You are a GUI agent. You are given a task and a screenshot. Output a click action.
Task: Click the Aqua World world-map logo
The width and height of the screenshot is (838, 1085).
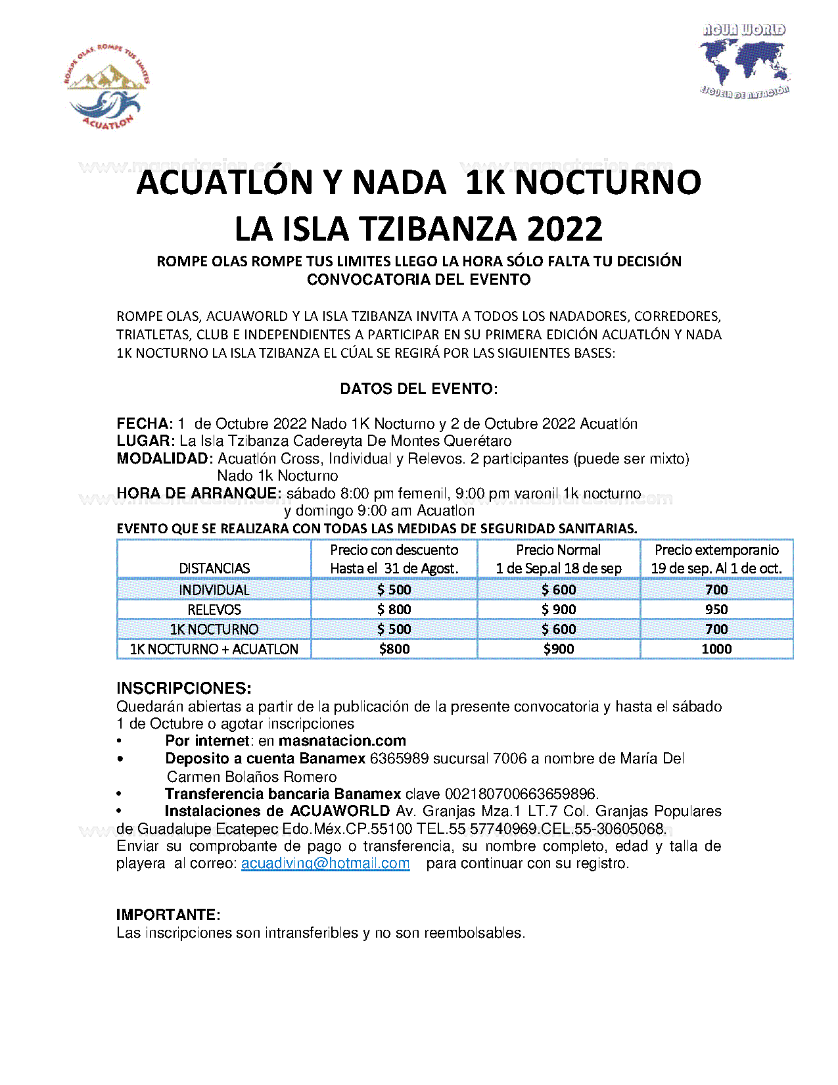pos(744,61)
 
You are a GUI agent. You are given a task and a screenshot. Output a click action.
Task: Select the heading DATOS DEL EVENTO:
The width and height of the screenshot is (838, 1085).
pos(419,389)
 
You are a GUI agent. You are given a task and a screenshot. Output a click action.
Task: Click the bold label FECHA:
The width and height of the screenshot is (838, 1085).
pos(145,423)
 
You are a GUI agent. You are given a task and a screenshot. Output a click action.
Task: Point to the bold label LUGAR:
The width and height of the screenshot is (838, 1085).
pos(146,441)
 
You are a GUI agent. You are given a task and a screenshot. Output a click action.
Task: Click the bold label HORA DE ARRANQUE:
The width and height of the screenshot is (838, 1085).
pos(199,493)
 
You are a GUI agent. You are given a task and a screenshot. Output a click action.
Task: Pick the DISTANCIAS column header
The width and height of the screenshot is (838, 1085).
pos(214,568)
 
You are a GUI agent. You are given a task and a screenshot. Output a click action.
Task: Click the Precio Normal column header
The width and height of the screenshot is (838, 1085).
pos(558,550)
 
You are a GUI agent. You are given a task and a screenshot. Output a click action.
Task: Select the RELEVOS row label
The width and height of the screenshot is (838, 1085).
pos(214,610)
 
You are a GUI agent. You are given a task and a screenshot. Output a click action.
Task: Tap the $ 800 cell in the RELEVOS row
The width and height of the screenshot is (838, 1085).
pos(394,610)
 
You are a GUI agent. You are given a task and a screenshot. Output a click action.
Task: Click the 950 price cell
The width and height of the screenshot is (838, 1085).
pos(716,610)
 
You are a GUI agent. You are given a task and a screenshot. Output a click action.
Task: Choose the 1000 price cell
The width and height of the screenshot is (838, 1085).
pos(716,649)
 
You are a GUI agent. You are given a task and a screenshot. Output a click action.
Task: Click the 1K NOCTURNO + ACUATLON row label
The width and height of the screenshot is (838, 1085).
pos(214,649)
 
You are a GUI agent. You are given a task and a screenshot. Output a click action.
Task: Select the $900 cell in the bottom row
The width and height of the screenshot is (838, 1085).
pos(558,649)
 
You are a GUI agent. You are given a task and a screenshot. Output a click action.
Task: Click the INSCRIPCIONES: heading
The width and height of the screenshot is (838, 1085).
pos(184,688)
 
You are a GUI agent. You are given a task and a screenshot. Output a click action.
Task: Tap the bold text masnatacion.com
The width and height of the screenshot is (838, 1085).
pos(342,741)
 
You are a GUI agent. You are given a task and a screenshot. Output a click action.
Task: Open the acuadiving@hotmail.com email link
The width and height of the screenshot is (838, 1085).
pos(325,863)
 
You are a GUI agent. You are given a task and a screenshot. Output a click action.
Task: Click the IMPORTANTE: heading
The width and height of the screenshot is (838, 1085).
pos(168,915)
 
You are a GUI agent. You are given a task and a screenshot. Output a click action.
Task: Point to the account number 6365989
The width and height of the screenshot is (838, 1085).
pos(396,759)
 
